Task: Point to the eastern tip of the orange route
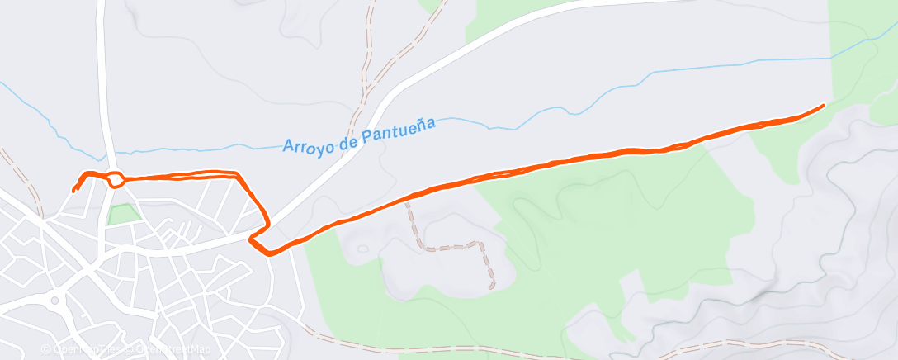[824, 106]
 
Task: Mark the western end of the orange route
[73, 190]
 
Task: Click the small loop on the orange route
[116, 178]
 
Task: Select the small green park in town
[121, 214]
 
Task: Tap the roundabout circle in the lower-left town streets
[55, 301]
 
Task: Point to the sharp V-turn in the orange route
[251, 239]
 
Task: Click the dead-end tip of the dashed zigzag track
[492, 287]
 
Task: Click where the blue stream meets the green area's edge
[830, 58]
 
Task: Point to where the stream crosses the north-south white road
[107, 154]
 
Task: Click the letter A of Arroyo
[289, 147]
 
